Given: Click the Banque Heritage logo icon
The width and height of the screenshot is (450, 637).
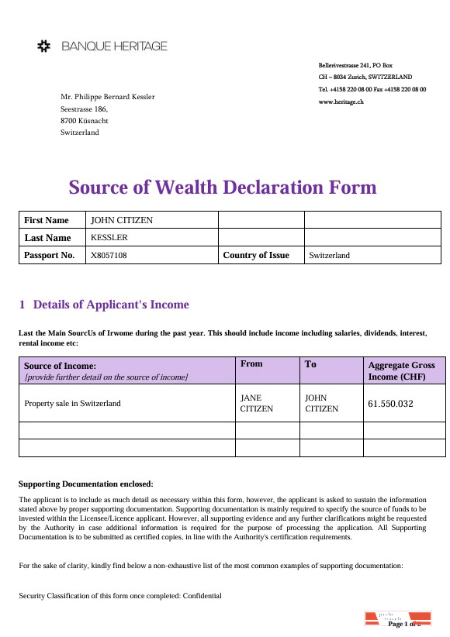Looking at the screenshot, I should (45, 46).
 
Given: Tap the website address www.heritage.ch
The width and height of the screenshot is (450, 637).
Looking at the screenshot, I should (341, 102).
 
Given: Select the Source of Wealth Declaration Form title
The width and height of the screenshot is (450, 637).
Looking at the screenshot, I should (223, 188).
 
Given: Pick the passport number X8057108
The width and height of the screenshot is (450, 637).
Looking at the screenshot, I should (109, 255).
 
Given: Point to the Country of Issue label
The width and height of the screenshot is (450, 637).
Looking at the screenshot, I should (256, 255).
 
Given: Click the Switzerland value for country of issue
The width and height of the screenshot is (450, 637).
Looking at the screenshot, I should (330, 255).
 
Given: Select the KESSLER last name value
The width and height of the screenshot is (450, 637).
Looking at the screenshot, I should (109, 237).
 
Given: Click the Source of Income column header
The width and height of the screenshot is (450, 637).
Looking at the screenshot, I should (61, 365).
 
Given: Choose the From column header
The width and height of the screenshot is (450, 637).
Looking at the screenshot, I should (252, 363).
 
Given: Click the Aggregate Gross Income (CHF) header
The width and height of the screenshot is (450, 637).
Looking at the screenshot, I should (401, 370).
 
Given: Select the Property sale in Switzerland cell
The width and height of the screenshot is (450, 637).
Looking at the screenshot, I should (73, 403).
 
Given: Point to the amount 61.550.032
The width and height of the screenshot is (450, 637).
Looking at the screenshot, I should (390, 404).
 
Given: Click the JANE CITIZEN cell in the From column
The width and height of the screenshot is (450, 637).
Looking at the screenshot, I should (257, 403).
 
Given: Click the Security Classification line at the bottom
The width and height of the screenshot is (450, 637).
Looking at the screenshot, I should (120, 596).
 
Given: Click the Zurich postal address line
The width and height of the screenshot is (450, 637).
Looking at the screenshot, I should (365, 77).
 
